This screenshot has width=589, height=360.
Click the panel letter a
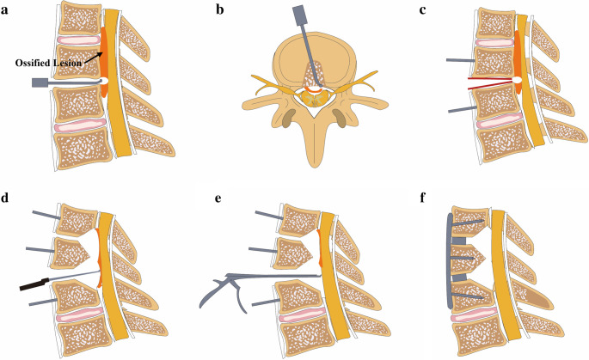[7, 10]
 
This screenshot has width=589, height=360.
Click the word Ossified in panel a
[31, 62]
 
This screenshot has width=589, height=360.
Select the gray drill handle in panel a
[40, 83]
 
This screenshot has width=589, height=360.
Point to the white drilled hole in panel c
[517, 81]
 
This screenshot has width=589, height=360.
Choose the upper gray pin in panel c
[461, 61]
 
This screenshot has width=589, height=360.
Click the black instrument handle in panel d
[34, 284]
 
